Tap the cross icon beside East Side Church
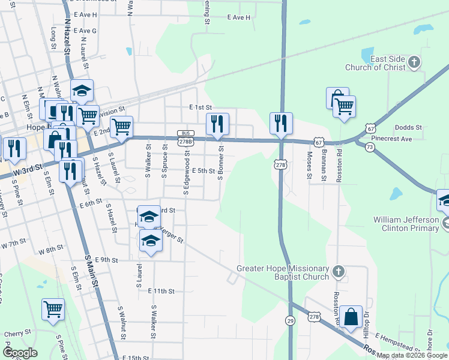pos(414,62)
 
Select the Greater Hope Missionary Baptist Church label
pos(283,272)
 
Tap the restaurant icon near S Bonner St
pos(217,124)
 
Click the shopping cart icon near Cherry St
pos(53,310)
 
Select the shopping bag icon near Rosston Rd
pos(351,317)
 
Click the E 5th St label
pos(203,171)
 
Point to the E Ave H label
pos(238,18)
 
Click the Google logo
pos(20,353)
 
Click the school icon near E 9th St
pos(151,241)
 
